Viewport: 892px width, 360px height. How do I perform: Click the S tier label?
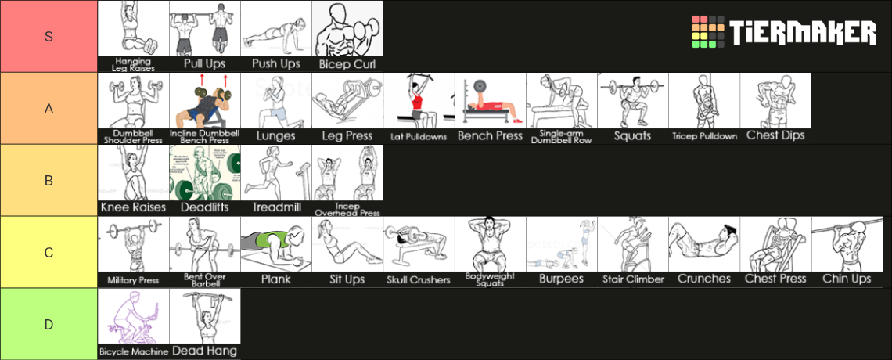[49, 36]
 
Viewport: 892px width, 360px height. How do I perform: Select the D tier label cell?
[49, 323]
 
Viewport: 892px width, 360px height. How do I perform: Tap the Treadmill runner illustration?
[275, 174]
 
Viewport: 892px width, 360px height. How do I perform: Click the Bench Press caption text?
[490, 136]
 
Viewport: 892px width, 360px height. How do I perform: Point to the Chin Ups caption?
[847, 279]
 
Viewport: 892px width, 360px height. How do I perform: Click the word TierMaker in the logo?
[803, 33]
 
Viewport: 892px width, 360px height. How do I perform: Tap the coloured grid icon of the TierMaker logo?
[707, 33]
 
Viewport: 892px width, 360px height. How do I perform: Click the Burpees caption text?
[562, 279]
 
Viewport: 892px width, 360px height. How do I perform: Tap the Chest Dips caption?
[775, 135]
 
